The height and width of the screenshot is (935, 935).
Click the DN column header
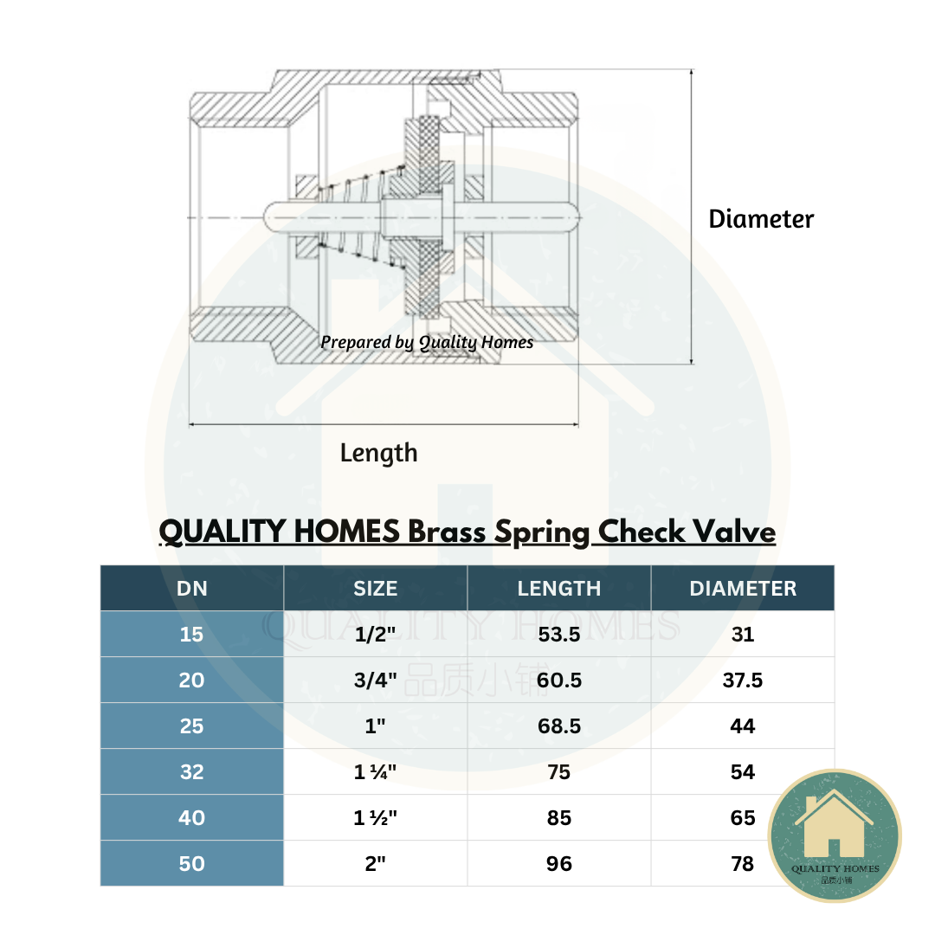tap(192, 589)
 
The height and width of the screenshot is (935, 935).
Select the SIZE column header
tap(376, 589)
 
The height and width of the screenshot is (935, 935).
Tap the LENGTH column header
tap(559, 589)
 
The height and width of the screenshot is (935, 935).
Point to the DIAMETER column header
tap(743, 589)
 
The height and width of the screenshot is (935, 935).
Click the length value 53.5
tap(559, 635)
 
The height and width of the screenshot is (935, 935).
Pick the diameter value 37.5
tap(743, 680)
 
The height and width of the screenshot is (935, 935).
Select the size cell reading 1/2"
tap(376, 635)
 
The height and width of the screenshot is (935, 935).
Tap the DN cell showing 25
tap(192, 726)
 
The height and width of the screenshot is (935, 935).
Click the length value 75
tap(559, 772)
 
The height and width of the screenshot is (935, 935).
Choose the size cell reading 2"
tap(376, 864)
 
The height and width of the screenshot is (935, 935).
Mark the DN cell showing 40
tap(192, 818)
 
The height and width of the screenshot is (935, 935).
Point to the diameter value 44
tap(743, 726)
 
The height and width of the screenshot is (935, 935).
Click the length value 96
tap(559, 864)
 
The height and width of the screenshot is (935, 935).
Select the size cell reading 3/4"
tap(376, 680)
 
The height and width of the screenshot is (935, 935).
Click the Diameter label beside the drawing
tap(761, 219)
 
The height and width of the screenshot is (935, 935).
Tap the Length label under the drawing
tap(378, 453)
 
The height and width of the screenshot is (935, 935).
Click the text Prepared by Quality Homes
tap(427, 342)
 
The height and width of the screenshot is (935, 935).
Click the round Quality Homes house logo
tap(835, 835)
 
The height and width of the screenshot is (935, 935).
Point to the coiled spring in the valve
tap(355, 212)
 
